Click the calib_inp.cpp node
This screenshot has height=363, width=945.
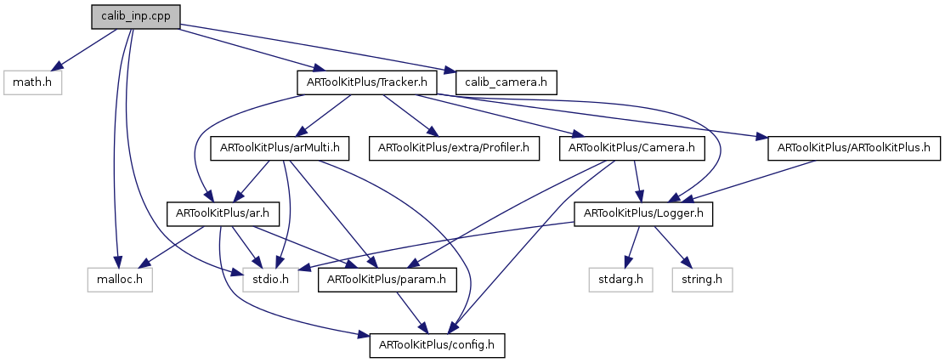(136, 16)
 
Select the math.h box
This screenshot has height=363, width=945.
(33, 82)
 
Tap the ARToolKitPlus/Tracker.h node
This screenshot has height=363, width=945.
(366, 82)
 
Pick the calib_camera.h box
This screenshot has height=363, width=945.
(506, 82)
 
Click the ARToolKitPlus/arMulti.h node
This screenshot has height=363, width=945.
(280, 148)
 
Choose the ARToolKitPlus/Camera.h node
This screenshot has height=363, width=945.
(627, 148)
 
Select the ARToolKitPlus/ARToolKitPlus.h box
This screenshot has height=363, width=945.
(853, 148)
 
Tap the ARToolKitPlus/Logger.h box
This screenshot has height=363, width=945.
(644, 213)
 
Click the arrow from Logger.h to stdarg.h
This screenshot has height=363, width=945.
(631, 247)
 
